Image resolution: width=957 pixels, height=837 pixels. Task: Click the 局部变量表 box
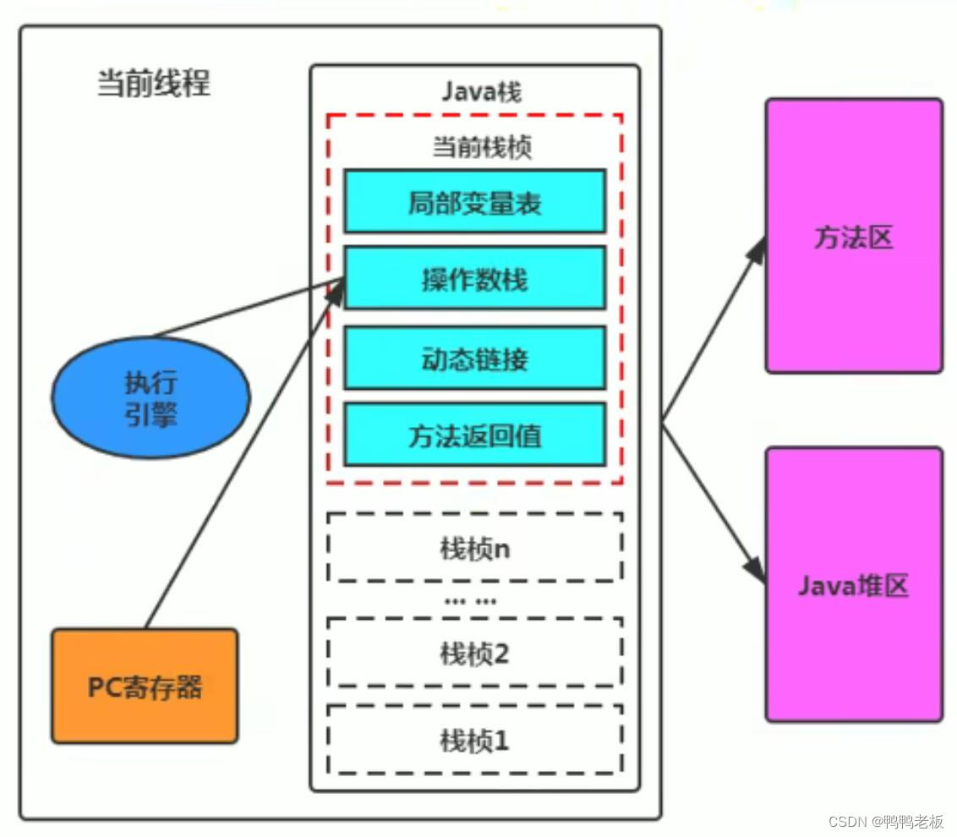coord(474,201)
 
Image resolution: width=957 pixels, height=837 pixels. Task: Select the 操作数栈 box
coord(474,277)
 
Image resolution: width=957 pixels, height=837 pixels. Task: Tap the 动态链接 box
coord(474,358)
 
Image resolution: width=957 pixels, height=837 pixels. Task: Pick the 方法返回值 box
coord(474,434)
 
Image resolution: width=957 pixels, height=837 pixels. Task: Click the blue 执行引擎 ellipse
coord(150,397)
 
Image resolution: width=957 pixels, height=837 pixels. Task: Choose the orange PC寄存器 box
coord(145,686)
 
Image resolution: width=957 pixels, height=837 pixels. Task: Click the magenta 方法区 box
coord(854,236)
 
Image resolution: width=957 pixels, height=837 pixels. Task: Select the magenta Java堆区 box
coord(854,584)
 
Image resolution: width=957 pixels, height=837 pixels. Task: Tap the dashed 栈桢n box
coord(474,548)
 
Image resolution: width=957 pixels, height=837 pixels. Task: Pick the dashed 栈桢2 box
coord(474,653)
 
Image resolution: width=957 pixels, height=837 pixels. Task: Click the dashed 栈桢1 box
coord(474,741)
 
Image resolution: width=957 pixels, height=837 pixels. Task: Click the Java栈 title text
coord(482,90)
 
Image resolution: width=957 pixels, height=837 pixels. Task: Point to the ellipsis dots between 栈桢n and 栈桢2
coord(471,602)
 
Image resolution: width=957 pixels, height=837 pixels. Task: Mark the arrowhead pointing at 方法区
coord(758,249)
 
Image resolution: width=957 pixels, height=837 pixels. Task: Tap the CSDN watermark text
coord(886,821)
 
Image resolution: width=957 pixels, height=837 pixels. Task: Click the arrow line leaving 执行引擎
coord(245,309)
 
